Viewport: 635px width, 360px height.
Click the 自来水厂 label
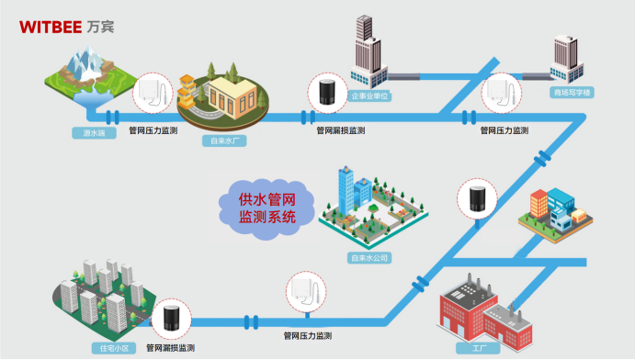click(224, 141)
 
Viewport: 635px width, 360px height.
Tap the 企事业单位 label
click(370, 94)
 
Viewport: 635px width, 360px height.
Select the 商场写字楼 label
click(572, 93)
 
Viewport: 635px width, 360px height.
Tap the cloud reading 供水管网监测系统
click(266, 207)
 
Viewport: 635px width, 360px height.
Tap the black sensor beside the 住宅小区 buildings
click(171, 319)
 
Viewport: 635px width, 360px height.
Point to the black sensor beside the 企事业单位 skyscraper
click(326, 93)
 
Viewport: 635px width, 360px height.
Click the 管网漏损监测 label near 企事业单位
click(339, 130)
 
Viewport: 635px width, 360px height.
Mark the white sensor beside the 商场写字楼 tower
click(501, 91)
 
